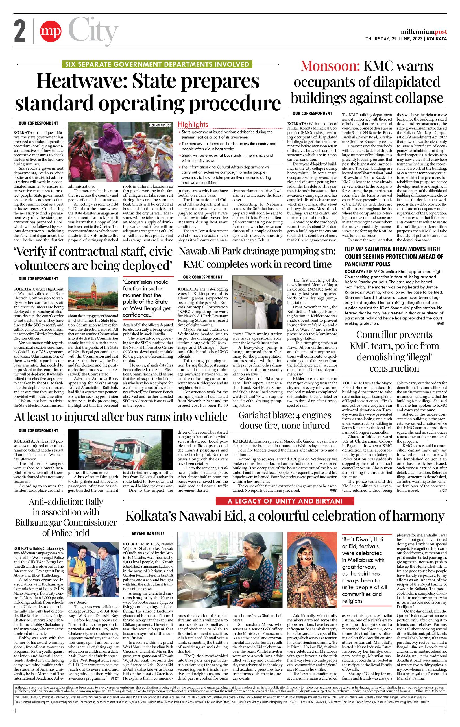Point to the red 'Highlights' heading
pyautogui.click(x=193, y=124)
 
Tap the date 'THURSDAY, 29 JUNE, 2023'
pyautogui.click(x=394, y=39)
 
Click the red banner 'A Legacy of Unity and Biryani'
pyautogui.click(x=285, y=502)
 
